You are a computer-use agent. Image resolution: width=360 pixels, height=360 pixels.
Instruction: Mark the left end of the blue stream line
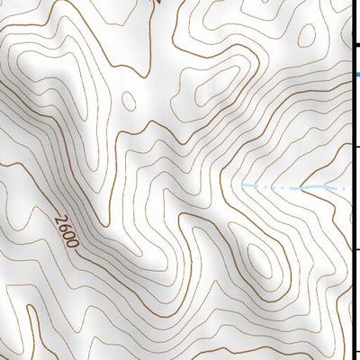[x=243, y=185]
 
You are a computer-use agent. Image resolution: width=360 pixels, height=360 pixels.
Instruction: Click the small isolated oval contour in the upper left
[x=129, y=100]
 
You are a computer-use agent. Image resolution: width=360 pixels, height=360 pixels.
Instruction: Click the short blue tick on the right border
[x=355, y=75]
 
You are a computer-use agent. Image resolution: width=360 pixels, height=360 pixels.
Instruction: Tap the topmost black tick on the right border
[x=355, y=44]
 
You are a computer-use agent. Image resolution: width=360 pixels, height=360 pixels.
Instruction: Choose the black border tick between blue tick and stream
[x=355, y=146]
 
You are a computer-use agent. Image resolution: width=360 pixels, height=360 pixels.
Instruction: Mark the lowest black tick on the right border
[x=355, y=353]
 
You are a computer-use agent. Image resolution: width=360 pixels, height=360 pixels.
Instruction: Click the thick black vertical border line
[x=350, y=270]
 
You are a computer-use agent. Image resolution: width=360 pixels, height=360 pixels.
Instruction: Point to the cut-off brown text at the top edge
[x=155, y=3]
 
